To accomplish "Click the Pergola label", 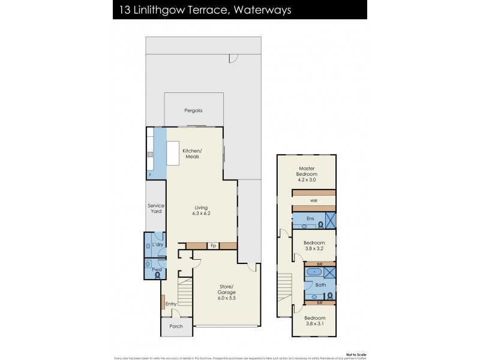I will [x=193, y=111].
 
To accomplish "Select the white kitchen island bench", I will [x=173, y=153].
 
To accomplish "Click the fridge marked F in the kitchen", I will [x=150, y=175].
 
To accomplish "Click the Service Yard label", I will [x=156, y=208].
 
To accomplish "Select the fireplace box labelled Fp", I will [x=212, y=246].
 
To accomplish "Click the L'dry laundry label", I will [x=157, y=245].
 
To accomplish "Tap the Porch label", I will [x=176, y=327].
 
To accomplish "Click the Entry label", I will [x=171, y=304].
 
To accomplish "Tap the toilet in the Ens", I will [x=320, y=225].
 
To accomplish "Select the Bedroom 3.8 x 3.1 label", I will [x=314, y=321].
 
